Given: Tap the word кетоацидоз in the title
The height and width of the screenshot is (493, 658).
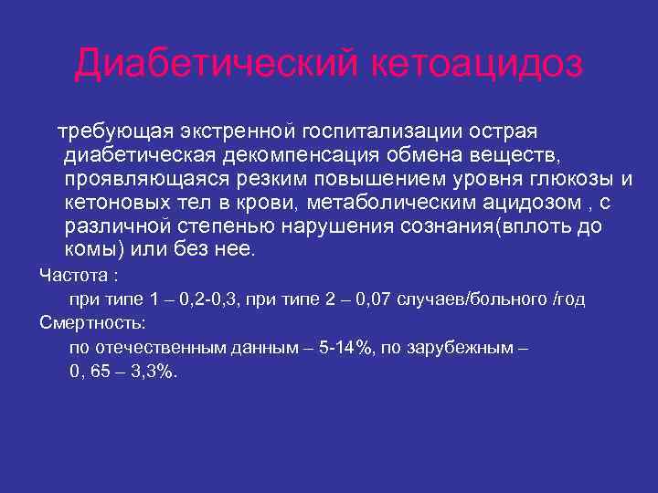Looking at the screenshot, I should click(x=476, y=63).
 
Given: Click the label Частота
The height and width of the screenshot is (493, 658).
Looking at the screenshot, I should click(x=71, y=275).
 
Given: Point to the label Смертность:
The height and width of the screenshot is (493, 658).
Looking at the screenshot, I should click(x=94, y=323).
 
